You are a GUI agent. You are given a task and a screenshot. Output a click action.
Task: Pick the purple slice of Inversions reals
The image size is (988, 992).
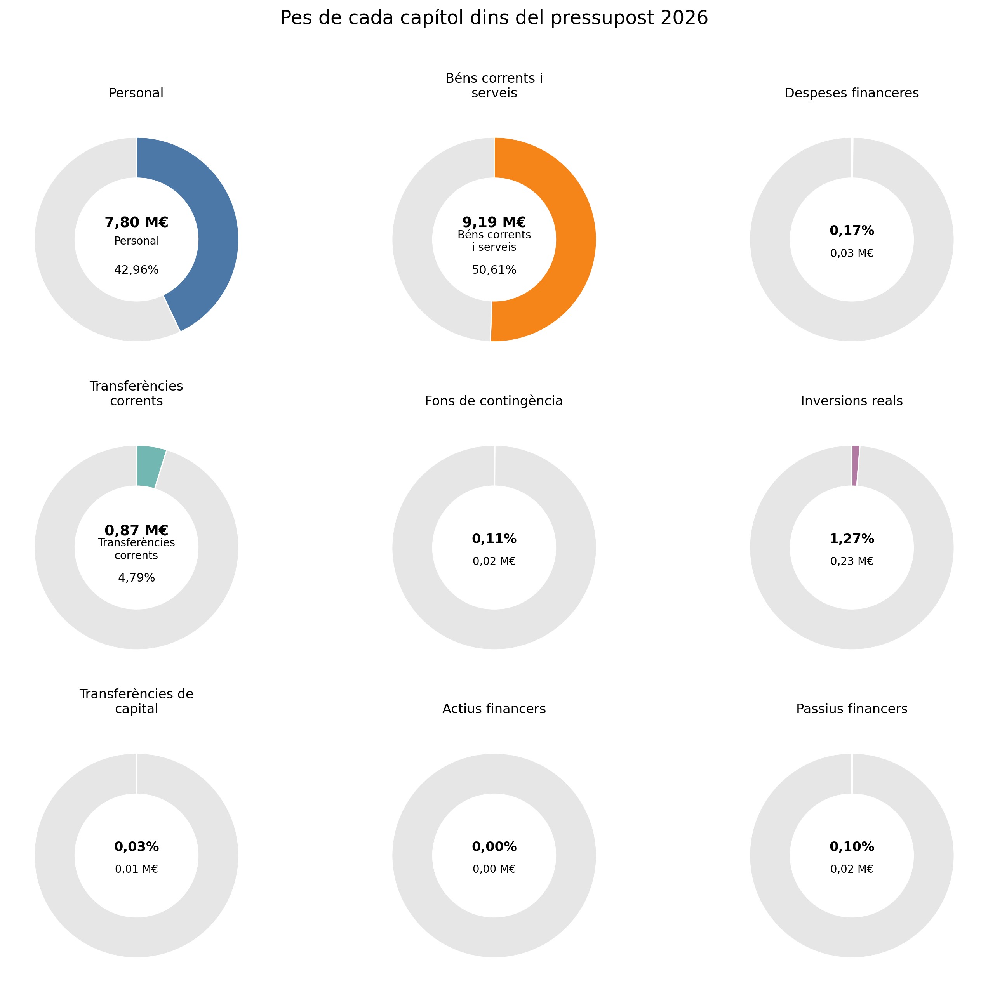(855, 465)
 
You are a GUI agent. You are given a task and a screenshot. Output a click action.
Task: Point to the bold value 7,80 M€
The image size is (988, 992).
(137, 222)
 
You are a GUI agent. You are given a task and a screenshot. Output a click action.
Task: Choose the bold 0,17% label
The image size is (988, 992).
(852, 231)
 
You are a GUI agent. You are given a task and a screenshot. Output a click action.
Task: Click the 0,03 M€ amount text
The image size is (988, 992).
(852, 253)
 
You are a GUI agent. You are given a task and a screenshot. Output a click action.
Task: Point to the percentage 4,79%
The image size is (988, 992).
(137, 578)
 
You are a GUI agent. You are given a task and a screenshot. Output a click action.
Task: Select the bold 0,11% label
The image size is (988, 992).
(494, 539)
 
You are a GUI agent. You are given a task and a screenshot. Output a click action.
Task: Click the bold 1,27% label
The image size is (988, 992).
(852, 539)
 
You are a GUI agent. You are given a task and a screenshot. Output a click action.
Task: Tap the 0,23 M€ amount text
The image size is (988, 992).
(852, 561)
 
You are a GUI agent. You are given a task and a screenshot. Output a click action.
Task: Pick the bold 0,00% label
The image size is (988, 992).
(494, 847)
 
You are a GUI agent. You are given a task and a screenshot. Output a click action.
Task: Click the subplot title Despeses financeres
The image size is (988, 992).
(852, 93)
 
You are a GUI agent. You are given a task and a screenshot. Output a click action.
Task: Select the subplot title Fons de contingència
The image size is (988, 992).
(494, 401)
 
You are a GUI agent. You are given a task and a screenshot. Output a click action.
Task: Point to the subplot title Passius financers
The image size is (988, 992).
(852, 709)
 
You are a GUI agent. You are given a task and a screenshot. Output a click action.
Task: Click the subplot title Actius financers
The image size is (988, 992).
(494, 709)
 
